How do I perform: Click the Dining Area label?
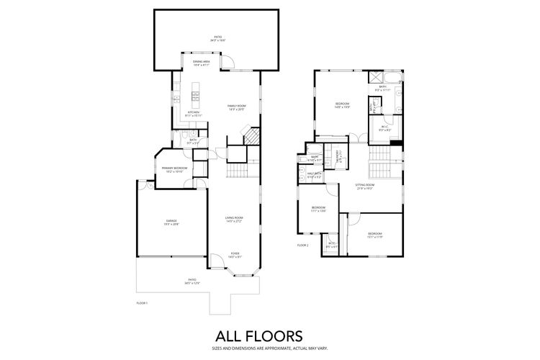(201, 62)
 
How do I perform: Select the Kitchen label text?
(194, 112)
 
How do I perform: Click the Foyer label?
(235, 253)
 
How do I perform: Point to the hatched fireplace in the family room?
(250, 138)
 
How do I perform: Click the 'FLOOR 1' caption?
(142, 303)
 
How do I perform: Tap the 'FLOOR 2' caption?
(302, 246)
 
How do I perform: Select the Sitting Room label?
(365, 185)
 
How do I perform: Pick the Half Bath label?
(314, 174)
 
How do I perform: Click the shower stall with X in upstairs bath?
(376, 78)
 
